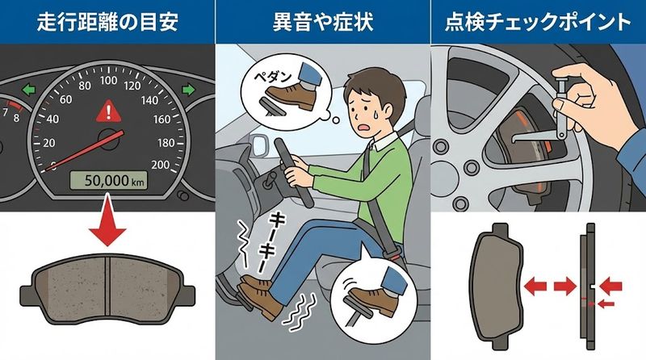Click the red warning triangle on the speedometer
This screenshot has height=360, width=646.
coord(106,111)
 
